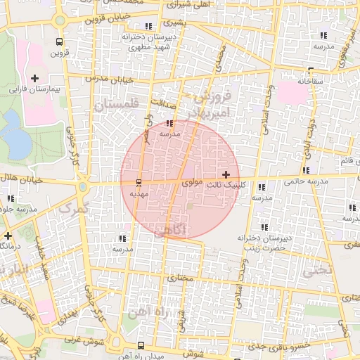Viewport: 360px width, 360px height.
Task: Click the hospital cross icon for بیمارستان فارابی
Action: (x=34, y=78)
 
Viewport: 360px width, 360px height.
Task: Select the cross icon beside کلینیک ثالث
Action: (x=225, y=174)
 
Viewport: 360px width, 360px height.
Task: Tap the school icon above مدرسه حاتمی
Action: (x=306, y=170)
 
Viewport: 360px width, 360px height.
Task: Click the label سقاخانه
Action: (x=310, y=80)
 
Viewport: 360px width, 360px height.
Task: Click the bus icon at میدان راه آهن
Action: (x=141, y=345)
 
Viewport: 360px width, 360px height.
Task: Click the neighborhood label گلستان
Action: (x=116, y=105)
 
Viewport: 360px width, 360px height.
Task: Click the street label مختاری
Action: (x=179, y=278)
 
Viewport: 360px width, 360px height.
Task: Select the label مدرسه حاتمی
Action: (x=307, y=181)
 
